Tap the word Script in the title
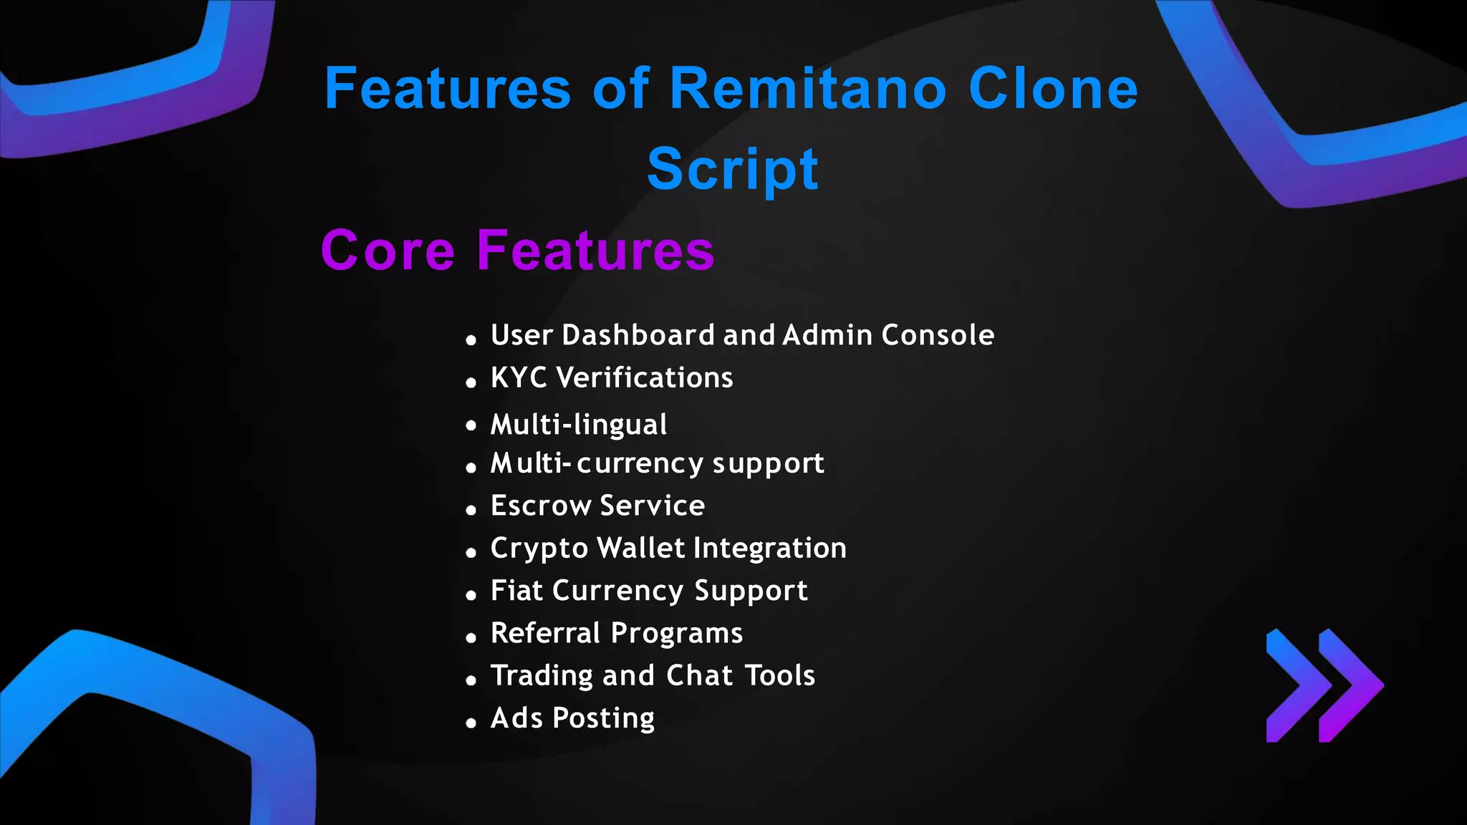[x=732, y=169]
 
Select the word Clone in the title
[x=1053, y=89]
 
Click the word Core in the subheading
[x=388, y=251]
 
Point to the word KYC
[x=519, y=377]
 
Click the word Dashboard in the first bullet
[x=638, y=335]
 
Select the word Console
[x=938, y=335]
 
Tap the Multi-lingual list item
[x=579, y=424]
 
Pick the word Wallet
[x=641, y=548]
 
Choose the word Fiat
[x=516, y=591]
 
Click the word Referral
[x=545, y=633]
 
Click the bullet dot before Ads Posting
[x=471, y=723]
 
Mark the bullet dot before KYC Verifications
[x=471, y=383]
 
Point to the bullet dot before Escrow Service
[x=471, y=511]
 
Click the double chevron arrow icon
[x=1324, y=685]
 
